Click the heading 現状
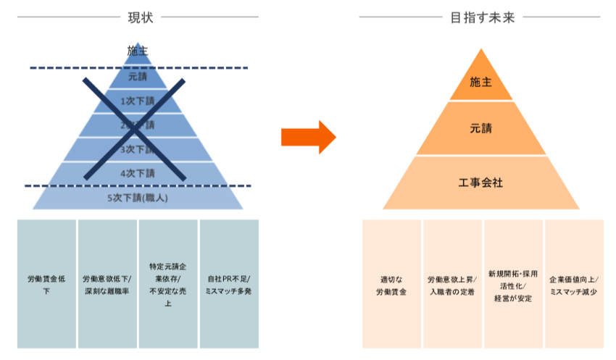point(138,17)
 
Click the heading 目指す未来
point(481,17)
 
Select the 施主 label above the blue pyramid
point(137,51)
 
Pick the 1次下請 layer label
point(137,101)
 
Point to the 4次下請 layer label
point(137,173)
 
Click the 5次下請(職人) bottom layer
point(137,198)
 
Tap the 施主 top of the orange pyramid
point(480,82)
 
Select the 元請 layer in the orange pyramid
point(480,129)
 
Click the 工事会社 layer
point(480,182)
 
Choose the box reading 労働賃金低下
point(46,285)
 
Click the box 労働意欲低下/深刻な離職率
point(107,285)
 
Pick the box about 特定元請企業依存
point(168,285)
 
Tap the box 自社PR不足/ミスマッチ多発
point(229,285)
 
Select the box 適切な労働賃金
point(391,285)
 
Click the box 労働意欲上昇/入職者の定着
point(451,285)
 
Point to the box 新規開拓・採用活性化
point(513,285)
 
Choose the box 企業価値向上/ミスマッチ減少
point(574,285)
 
